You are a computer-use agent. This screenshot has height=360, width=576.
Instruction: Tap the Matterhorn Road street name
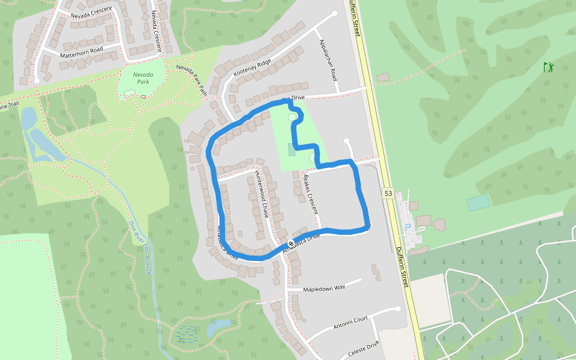click(82, 52)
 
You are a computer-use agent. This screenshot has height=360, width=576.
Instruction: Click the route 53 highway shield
click(388, 193)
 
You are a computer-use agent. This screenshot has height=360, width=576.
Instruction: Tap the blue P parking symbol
click(408, 228)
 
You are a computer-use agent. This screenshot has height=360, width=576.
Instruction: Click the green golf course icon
click(548, 67)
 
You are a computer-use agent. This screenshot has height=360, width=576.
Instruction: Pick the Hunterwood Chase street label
click(262, 193)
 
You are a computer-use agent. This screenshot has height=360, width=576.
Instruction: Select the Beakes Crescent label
click(310, 194)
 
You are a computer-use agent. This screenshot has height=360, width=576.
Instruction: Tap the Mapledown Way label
click(324, 288)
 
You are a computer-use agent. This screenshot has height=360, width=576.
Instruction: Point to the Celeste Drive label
click(364, 347)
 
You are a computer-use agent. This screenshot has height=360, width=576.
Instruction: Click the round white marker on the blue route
click(291, 244)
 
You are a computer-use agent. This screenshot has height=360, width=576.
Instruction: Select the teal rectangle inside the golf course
click(478, 203)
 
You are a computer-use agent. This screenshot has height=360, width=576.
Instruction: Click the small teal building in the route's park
click(292, 149)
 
